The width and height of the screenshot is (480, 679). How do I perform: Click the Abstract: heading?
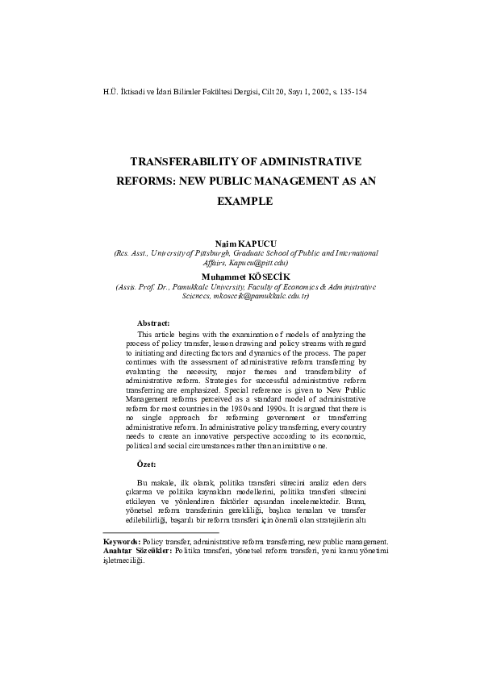pyautogui.click(x=153, y=323)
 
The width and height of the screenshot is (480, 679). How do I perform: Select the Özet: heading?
pyautogui.click(x=146, y=464)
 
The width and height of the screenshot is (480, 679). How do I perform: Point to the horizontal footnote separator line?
pyautogui.click(x=161, y=532)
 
